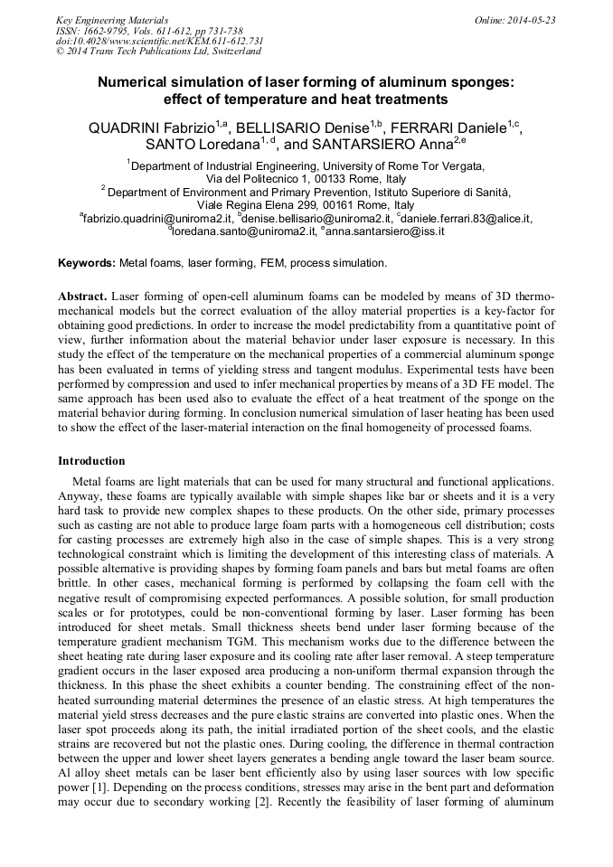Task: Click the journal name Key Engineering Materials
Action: (x=112, y=20)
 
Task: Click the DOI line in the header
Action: (x=160, y=41)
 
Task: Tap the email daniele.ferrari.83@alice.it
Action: (x=467, y=219)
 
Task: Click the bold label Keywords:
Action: (x=87, y=263)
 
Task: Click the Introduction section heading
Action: (x=91, y=461)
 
